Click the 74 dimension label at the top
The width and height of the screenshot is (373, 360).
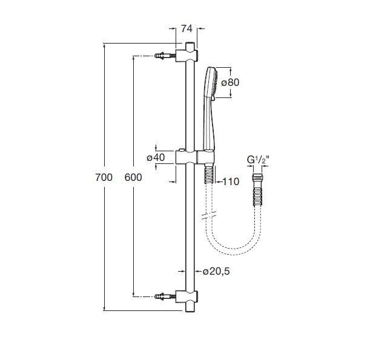(x=187, y=28)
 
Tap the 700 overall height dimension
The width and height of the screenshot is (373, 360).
(x=104, y=177)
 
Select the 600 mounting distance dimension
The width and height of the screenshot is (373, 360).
(x=133, y=177)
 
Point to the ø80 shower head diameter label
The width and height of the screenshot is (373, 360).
(x=230, y=82)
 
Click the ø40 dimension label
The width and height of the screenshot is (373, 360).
(x=156, y=157)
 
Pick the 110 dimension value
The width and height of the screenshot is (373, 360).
(x=231, y=182)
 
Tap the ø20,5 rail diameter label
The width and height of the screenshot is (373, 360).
(x=216, y=271)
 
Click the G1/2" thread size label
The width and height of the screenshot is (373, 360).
(x=258, y=160)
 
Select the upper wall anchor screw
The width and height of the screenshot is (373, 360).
(x=165, y=56)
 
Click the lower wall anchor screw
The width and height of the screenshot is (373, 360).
(x=165, y=296)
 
